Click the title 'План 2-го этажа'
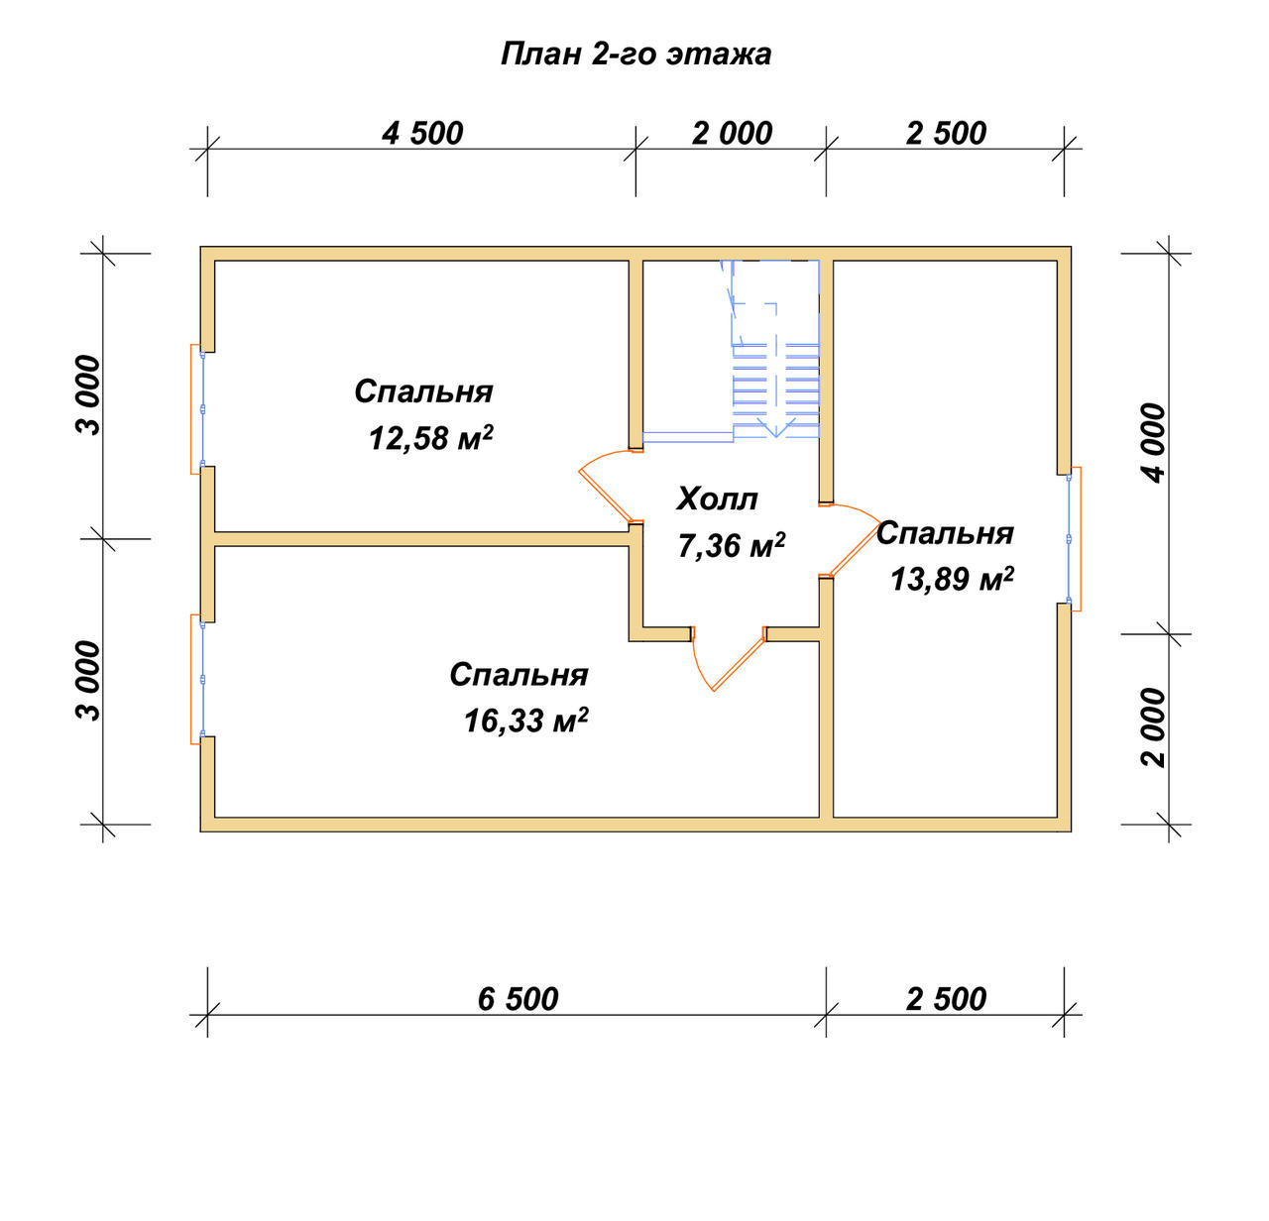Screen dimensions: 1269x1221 pos(635,55)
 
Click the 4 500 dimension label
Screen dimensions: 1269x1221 pos(422,134)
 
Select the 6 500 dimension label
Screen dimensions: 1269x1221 pos(518,999)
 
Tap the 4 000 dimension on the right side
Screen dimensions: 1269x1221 pos(1154,443)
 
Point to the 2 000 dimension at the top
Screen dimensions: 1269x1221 pos(732,134)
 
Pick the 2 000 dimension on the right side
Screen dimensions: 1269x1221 pos(1154,727)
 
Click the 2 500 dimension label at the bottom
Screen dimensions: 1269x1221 pos(946,999)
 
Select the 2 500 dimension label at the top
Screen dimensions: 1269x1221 pos(946,134)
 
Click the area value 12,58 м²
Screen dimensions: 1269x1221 pos(431,437)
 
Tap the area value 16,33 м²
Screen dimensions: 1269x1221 pos(526,720)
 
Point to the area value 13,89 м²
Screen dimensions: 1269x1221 pos(952,578)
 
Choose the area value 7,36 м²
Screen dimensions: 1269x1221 pos(732,545)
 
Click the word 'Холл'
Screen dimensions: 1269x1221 pos(718,499)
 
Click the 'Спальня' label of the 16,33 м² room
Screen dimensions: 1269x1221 pos(519,675)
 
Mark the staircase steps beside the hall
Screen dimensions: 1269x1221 pos(775,390)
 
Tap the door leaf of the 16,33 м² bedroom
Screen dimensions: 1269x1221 pos(738,664)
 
